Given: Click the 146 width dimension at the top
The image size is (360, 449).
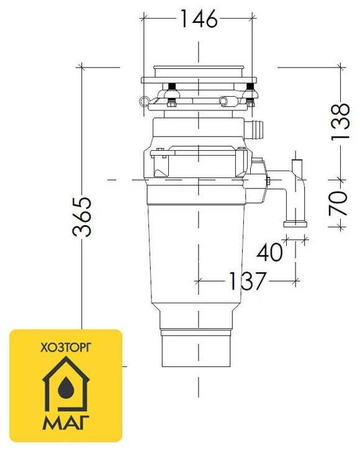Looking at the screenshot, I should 198,19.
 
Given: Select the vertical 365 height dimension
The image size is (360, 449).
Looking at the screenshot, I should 82,216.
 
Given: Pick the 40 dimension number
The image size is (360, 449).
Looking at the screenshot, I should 269,252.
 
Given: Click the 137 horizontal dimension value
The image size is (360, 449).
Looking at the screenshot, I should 246,281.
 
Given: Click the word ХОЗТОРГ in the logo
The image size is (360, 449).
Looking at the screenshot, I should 65,349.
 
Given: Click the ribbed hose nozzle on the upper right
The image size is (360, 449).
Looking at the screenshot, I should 255,131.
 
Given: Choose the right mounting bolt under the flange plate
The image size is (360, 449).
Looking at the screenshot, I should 248,92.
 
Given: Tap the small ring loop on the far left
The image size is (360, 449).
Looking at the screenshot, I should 145,100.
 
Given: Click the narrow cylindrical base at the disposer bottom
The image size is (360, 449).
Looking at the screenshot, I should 197,350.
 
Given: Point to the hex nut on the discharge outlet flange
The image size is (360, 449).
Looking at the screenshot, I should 268,181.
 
